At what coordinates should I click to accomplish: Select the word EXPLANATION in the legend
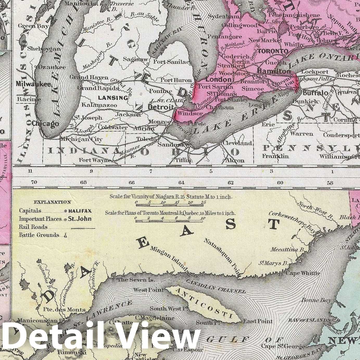(52, 202)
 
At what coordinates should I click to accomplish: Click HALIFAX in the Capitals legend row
(80, 211)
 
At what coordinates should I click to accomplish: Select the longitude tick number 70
(34, 182)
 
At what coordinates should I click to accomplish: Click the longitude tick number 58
(330, 182)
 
